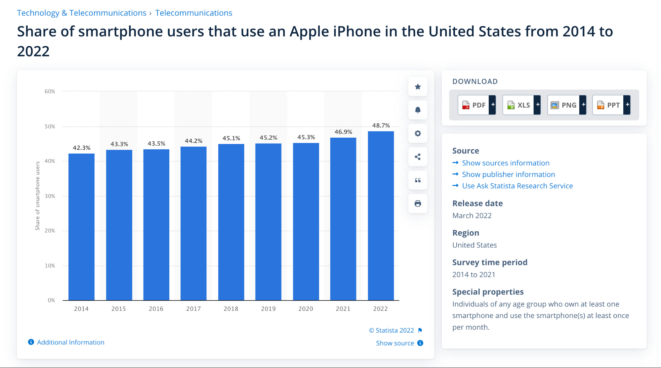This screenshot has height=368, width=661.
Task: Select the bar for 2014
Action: tap(81, 227)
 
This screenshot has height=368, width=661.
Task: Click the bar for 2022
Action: tap(381, 215)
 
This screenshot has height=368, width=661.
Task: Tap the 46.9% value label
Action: tap(343, 132)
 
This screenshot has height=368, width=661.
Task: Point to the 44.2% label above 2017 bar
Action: tap(193, 141)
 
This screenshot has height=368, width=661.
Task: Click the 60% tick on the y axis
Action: tap(50, 91)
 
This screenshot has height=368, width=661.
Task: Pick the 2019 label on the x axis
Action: tap(268, 309)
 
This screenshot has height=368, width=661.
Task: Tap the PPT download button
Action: tap(608, 105)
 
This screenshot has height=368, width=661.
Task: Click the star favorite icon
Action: tap(418, 87)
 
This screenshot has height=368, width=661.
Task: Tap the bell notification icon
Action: tap(418, 110)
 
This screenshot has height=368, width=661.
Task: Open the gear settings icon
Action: tap(418, 133)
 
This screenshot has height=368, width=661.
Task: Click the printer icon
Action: tap(418, 204)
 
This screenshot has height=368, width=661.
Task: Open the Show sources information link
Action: tap(505, 163)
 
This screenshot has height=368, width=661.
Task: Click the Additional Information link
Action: tap(70, 342)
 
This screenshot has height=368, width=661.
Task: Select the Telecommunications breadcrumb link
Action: tap(194, 13)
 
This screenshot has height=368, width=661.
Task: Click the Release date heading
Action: tap(477, 203)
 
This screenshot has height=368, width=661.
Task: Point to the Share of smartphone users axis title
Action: tap(38, 196)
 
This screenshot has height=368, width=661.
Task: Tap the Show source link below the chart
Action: tap(395, 343)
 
